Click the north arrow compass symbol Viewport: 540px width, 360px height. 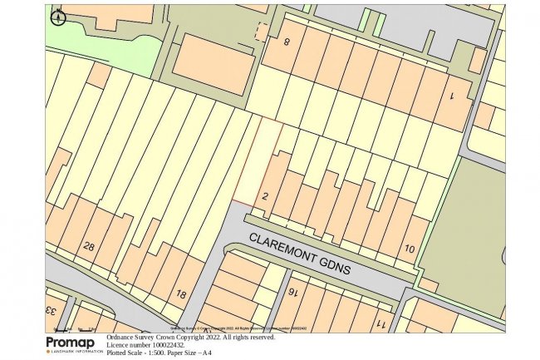[57, 16]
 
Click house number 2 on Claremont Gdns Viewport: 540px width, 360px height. [265, 196]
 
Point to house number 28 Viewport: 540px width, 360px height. [89, 246]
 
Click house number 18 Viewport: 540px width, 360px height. [181, 293]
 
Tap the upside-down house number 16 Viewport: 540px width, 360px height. [293, 292]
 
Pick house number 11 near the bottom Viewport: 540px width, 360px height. [380, 323]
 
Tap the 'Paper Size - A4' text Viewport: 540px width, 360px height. [194, 353]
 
